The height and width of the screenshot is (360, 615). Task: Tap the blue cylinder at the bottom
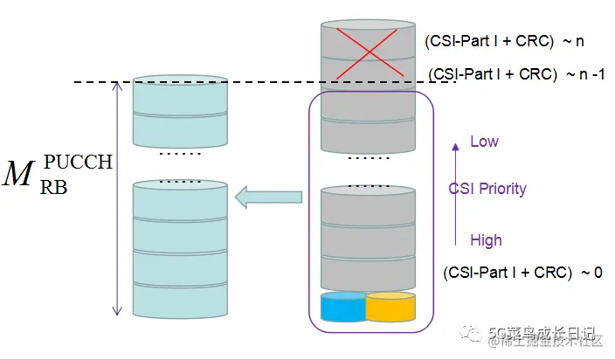click(x=342, y=307)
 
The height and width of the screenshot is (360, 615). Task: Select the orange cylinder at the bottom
click(x=390, y=307)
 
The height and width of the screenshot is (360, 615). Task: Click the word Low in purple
click(x=484, y=142)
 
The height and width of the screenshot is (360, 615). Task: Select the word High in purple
click(x=486, y=239)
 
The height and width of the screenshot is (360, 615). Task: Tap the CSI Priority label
click(x=487, y=189)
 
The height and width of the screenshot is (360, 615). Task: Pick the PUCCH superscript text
click(x=79, y=162)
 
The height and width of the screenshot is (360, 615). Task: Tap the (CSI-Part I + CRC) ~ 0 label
click(x=522, y=273)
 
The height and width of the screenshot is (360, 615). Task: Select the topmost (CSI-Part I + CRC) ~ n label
click(x=504, y=41)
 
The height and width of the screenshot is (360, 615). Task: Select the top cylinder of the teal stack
click(x=180, y=95)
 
